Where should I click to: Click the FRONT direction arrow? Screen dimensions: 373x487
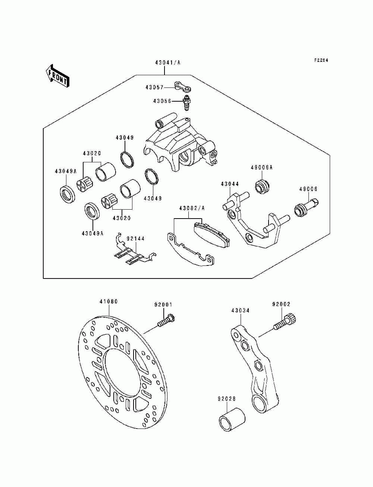pos(57,76)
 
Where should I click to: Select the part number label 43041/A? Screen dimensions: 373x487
pos(167,63)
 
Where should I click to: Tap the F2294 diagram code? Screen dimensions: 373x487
pos(321,60)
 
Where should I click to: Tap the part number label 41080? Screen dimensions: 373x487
pos(109,302)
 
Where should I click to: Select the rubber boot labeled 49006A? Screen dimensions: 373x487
pos(262,187)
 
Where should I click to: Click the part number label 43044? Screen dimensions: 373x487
pos(230,184)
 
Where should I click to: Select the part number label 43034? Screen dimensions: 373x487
pos(240,311)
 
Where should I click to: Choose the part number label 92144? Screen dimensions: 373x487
pos(136,239)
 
